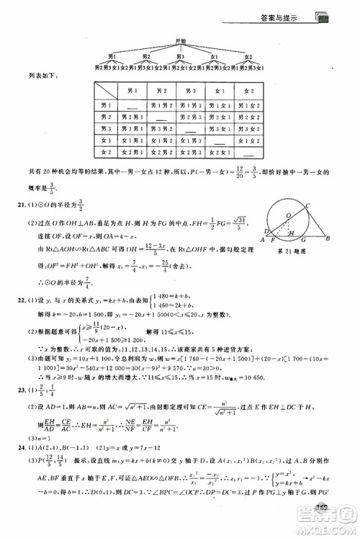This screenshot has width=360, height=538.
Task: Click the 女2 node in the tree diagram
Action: point(248,56)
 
